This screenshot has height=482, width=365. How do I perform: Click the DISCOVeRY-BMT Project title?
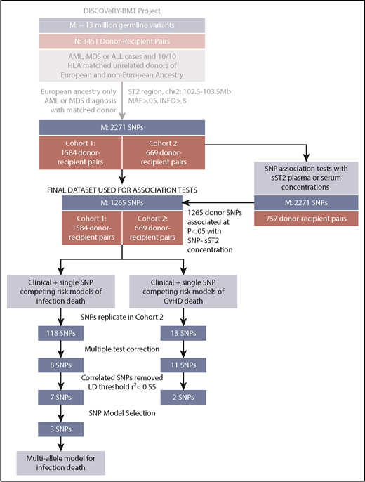(x=121, y=11)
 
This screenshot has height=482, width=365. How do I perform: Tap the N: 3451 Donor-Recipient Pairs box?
(x=121, y=44)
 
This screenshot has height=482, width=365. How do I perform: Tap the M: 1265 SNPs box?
(x=121, y=202)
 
